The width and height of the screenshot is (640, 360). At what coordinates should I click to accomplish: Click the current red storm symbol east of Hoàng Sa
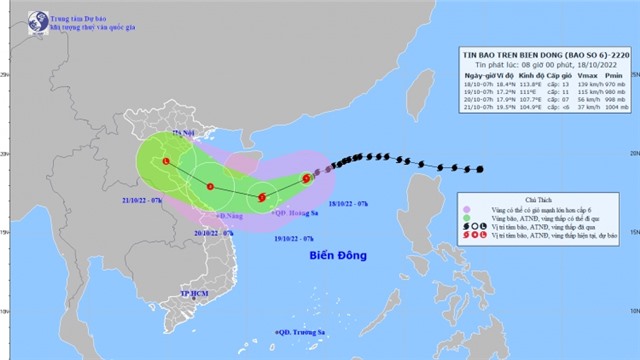point(306,180)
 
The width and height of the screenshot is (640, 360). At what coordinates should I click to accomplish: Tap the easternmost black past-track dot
point(480,169)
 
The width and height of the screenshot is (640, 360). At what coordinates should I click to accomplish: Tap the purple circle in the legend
point(471,220)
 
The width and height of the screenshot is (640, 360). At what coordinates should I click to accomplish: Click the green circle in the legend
point(471,208)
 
